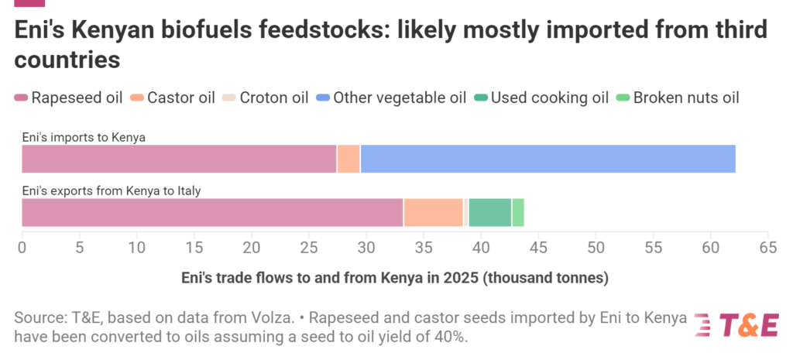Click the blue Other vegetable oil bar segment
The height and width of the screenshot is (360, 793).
click(548, 159)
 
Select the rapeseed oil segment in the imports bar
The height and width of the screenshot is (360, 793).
click(179, 159)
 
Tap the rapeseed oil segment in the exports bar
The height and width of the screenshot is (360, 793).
click(212, 212)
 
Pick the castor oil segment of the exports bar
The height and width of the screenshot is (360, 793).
click(433, 212)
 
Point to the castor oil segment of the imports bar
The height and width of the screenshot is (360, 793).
click(348, 159)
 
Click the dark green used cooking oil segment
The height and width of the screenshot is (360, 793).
click(489, 212)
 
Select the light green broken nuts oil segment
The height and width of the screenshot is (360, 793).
click(518, 212)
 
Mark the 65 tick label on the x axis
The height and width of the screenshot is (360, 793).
click(767, 249)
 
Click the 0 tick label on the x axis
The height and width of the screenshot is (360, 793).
click(22, 249)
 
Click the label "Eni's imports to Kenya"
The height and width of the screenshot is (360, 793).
click(84, 138)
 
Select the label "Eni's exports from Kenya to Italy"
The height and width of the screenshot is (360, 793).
click(111, 190)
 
